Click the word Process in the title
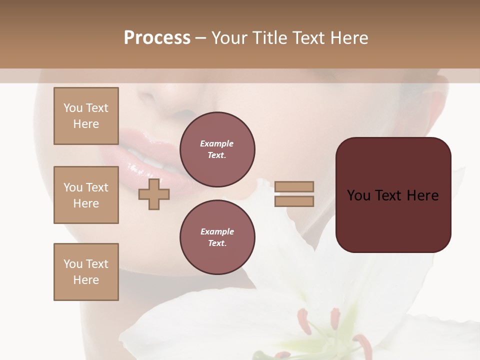157,38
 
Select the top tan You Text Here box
86,116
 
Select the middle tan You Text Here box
86,195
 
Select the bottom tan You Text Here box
86,272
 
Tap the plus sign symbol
154,194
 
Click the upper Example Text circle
217,149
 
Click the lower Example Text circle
217,237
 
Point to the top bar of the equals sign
294,186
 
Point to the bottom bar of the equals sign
294,201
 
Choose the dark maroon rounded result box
393,220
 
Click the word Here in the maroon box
422,195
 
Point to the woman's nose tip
165,102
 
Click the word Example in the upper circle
217,143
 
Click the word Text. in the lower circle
217,243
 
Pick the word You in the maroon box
358,195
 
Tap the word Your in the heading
230,38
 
